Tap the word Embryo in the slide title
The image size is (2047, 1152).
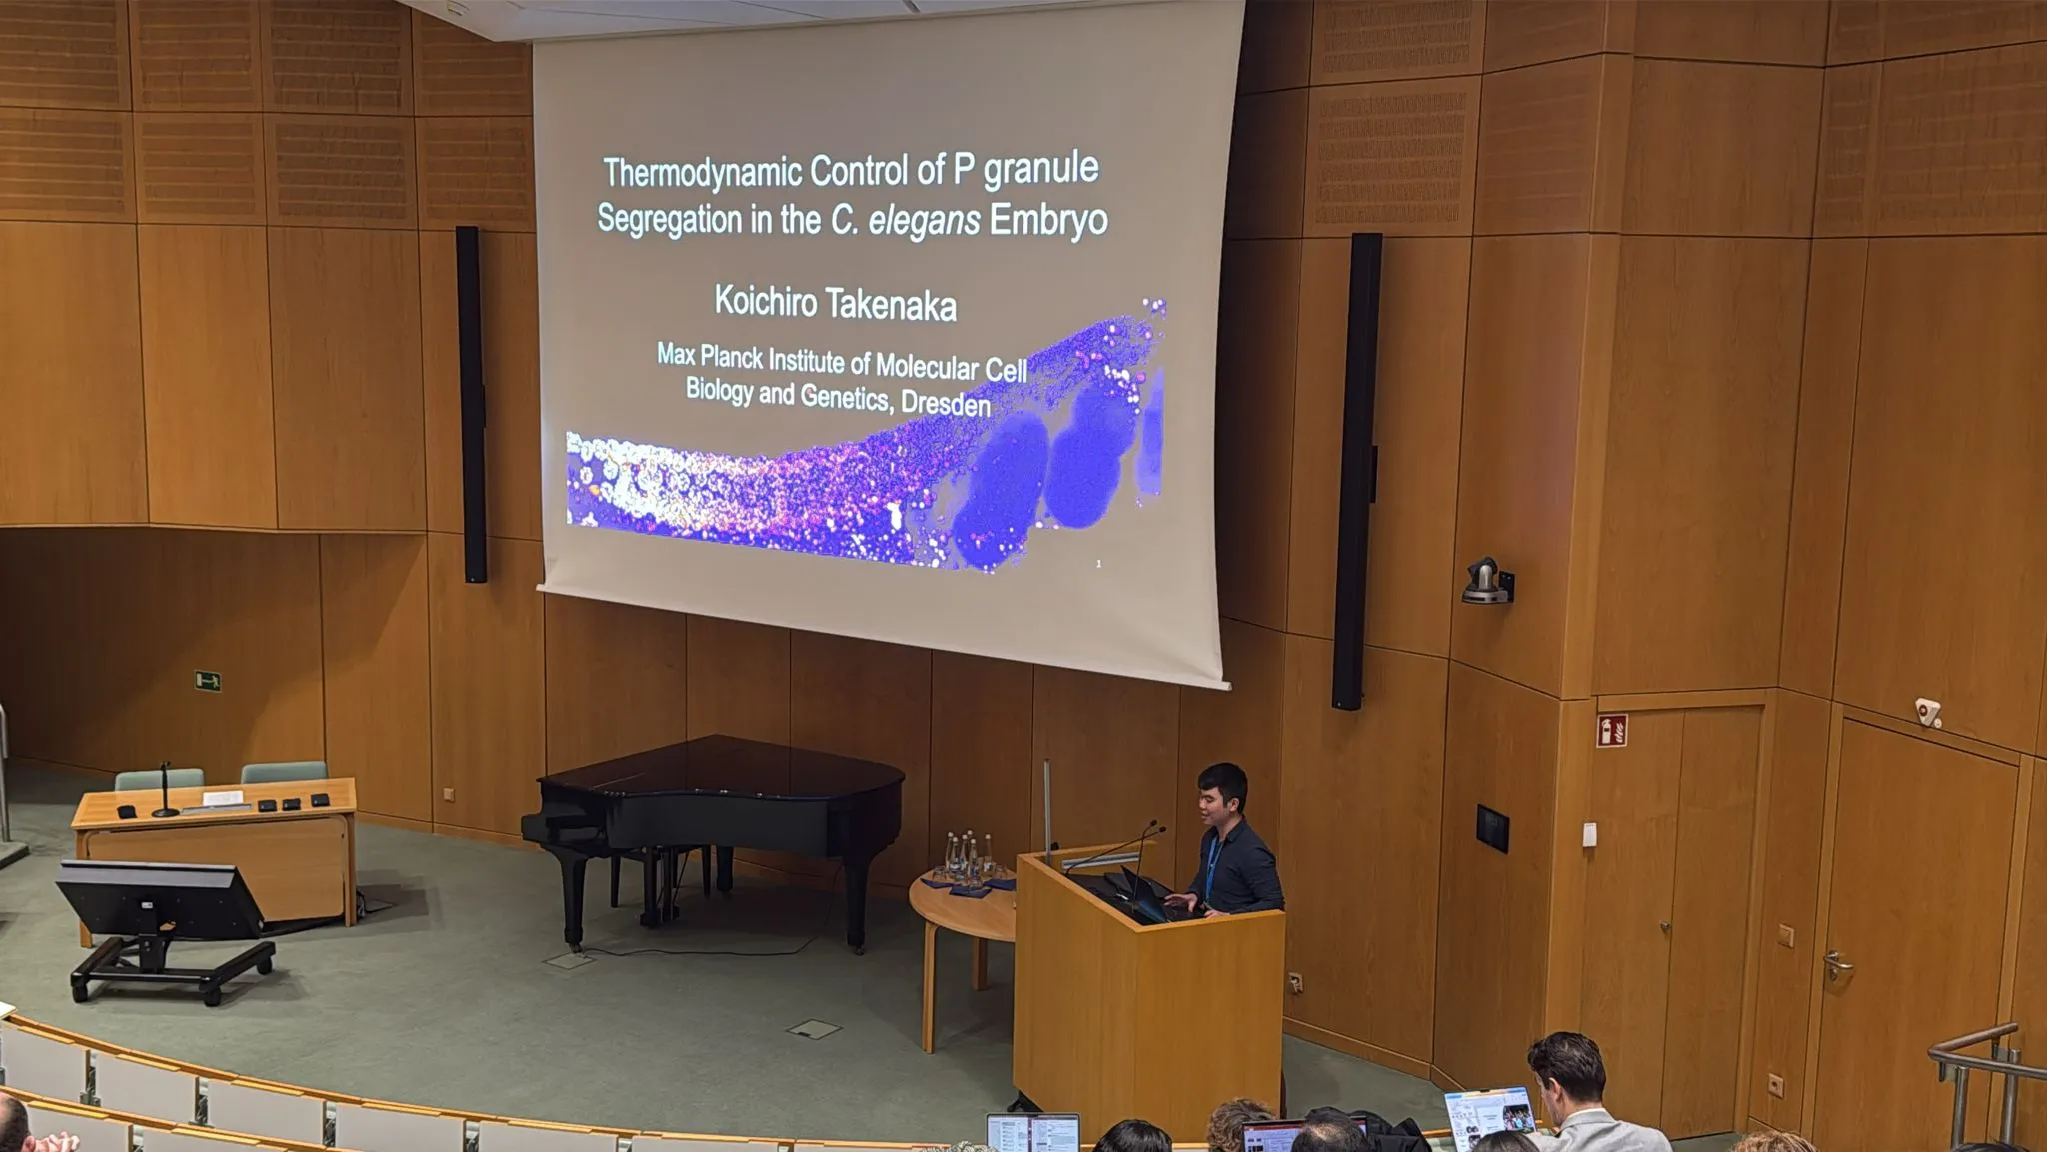coord(1048,220)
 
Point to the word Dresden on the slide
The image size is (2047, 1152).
coord(945,403)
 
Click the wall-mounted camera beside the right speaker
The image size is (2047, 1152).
coord(1487,581)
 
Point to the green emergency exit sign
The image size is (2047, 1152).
coord(207,681)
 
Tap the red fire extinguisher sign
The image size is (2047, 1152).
coord(1611,730)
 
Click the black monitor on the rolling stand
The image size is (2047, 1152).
coord(160,899)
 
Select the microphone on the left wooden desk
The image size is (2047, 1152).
coord(165,791)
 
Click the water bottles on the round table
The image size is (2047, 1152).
coord(961,857)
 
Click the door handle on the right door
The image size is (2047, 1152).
coord(1837,965)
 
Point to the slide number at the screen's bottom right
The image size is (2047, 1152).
coord(1098,564)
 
